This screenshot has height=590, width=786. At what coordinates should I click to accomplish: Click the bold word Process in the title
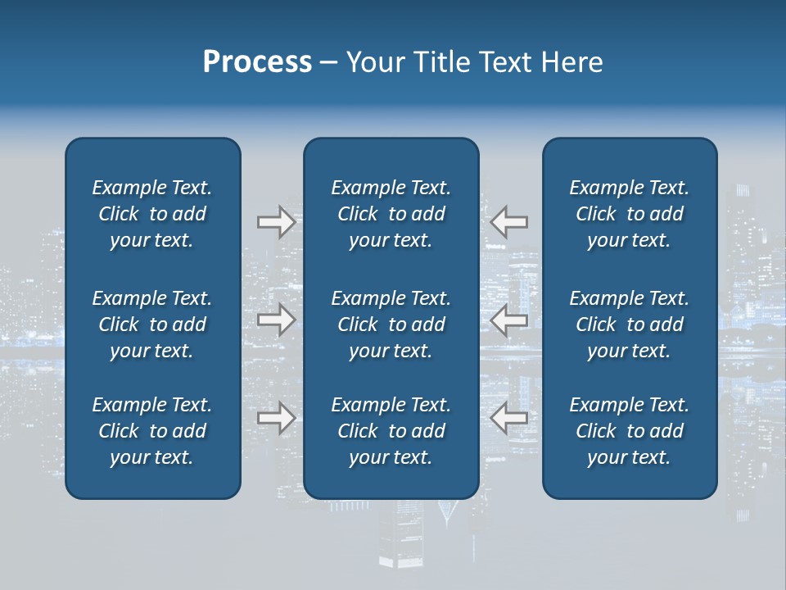click(257, 62)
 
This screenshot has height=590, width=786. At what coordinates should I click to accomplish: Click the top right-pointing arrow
click(276, 222)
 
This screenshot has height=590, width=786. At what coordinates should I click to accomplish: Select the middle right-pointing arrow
click(276, 320)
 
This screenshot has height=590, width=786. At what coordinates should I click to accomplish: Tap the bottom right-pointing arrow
click(276, 419)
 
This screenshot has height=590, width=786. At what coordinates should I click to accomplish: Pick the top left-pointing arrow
click(509, 222)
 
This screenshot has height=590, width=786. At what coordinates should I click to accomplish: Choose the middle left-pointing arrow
click(509, 320)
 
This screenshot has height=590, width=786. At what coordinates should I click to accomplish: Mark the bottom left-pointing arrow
click(509, 419)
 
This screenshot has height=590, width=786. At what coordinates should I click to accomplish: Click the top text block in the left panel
click(152, 214)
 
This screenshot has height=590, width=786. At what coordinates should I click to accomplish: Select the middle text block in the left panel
click(152, 324)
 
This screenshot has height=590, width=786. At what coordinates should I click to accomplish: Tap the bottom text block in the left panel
click(152, 431)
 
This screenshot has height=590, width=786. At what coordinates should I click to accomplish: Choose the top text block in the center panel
click(391, 214)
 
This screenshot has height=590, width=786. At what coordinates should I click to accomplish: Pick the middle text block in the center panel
click(391, 324)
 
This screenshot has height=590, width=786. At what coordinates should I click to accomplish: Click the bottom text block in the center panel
click(391, 431)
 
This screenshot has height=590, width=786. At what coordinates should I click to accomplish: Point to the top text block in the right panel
click(629, 214)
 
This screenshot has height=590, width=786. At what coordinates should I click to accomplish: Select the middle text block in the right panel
click(629, 324)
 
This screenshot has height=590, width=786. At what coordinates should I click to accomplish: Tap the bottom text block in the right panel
click(629, 431)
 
